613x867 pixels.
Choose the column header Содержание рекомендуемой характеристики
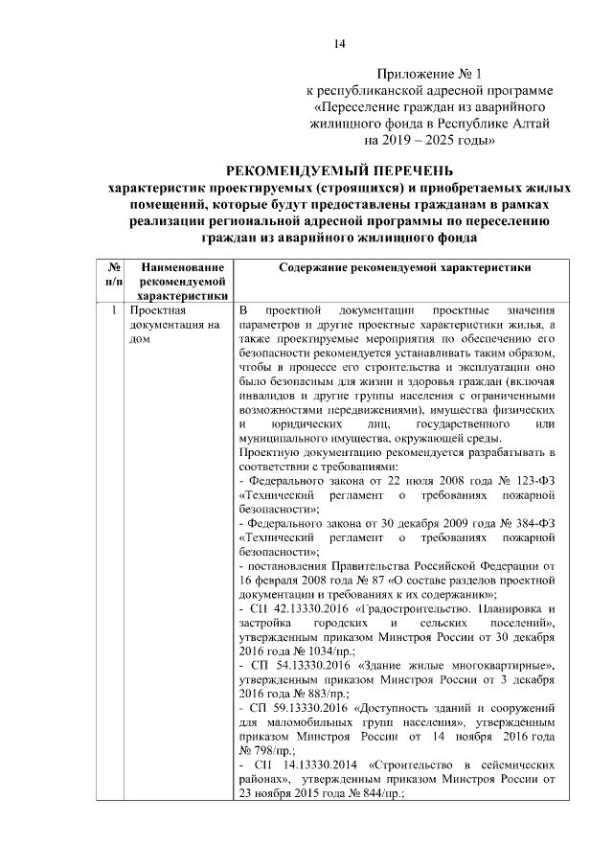(404, 268)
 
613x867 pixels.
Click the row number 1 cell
(113, 311)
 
